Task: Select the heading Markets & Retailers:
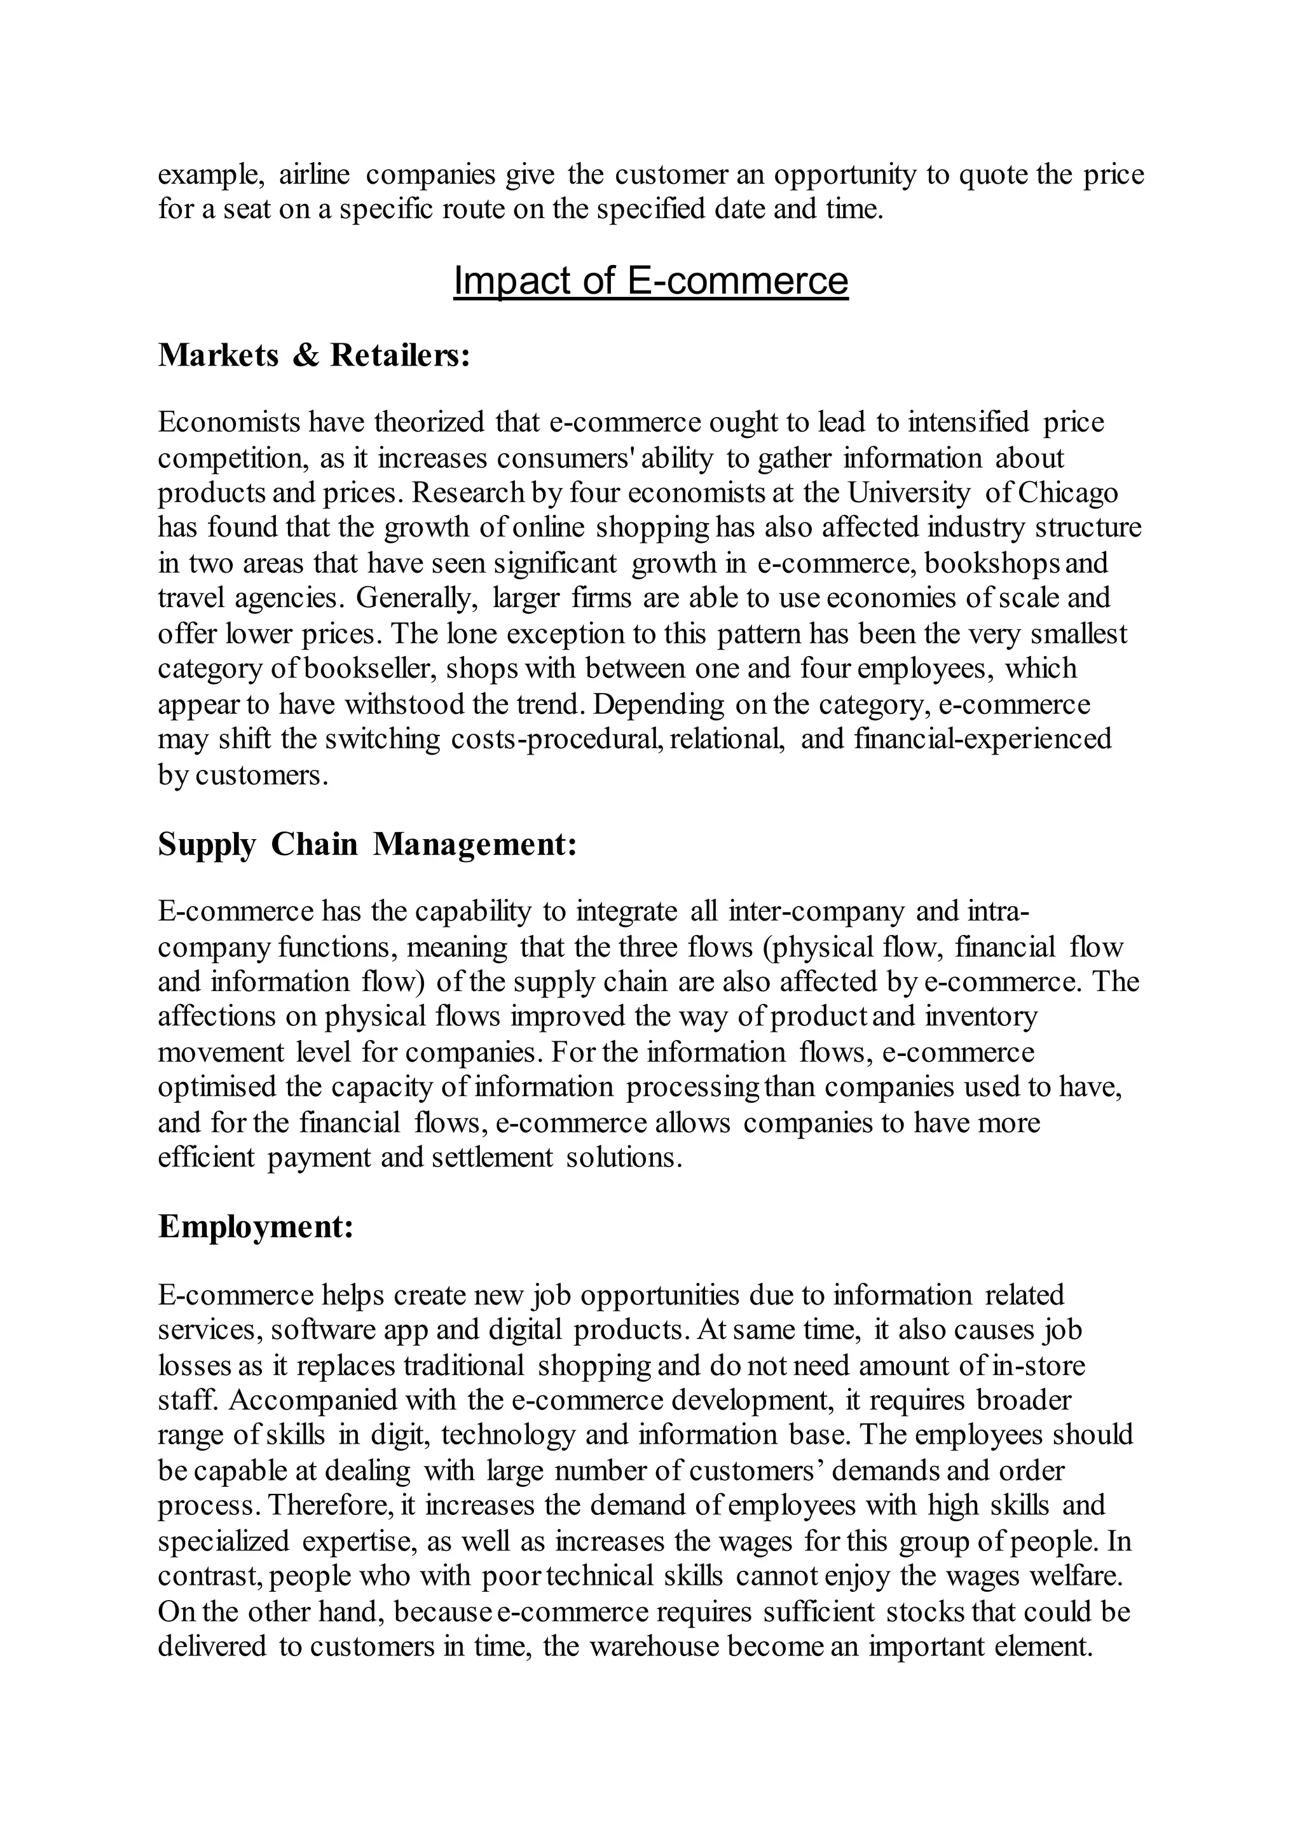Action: tap(313, 355)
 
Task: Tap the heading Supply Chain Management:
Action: tap(367, 844)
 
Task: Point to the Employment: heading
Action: tap(256, 1227)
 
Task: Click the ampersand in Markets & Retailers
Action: tap(305, 356)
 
